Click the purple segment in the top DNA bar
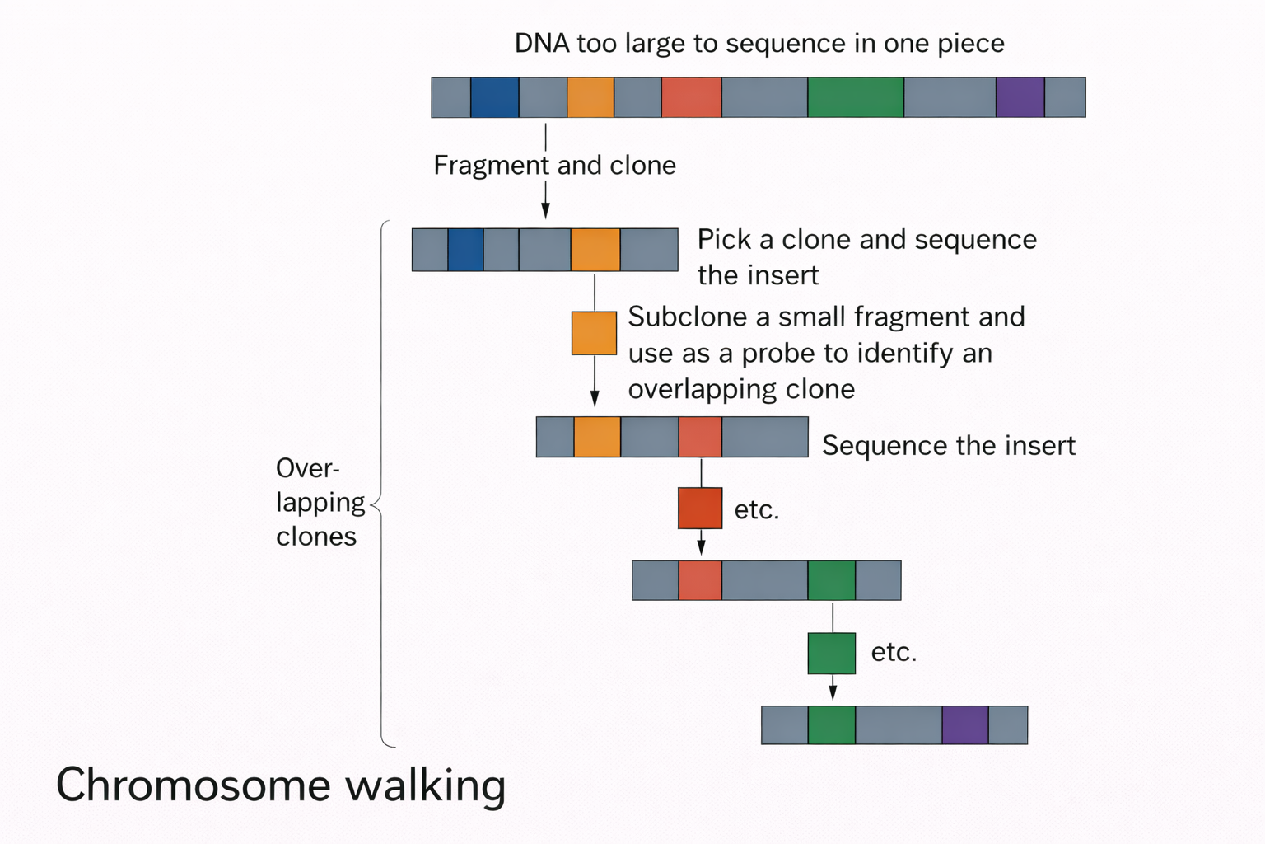coord(1020,97)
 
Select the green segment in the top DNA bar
coord(855,97)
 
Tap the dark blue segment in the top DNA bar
coord(494,97)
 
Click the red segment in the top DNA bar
coord(691,97)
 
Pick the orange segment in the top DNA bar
coord(590,97)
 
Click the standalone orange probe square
coord(594,333)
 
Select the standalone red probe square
coord(700,508)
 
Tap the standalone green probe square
coord(831,654)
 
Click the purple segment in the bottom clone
coord(964,725)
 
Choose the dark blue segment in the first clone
coord(465,250)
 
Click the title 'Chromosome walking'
coord(280,785)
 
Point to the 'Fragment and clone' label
coord(554,166)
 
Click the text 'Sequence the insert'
coord(948,446)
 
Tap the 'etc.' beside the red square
coord(756,510)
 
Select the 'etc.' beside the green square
coord(894,652)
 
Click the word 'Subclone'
coord(686,317)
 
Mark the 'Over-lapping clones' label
coord(320,502)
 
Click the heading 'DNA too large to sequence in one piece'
coord(759,43)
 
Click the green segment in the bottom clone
coord(831,725)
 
